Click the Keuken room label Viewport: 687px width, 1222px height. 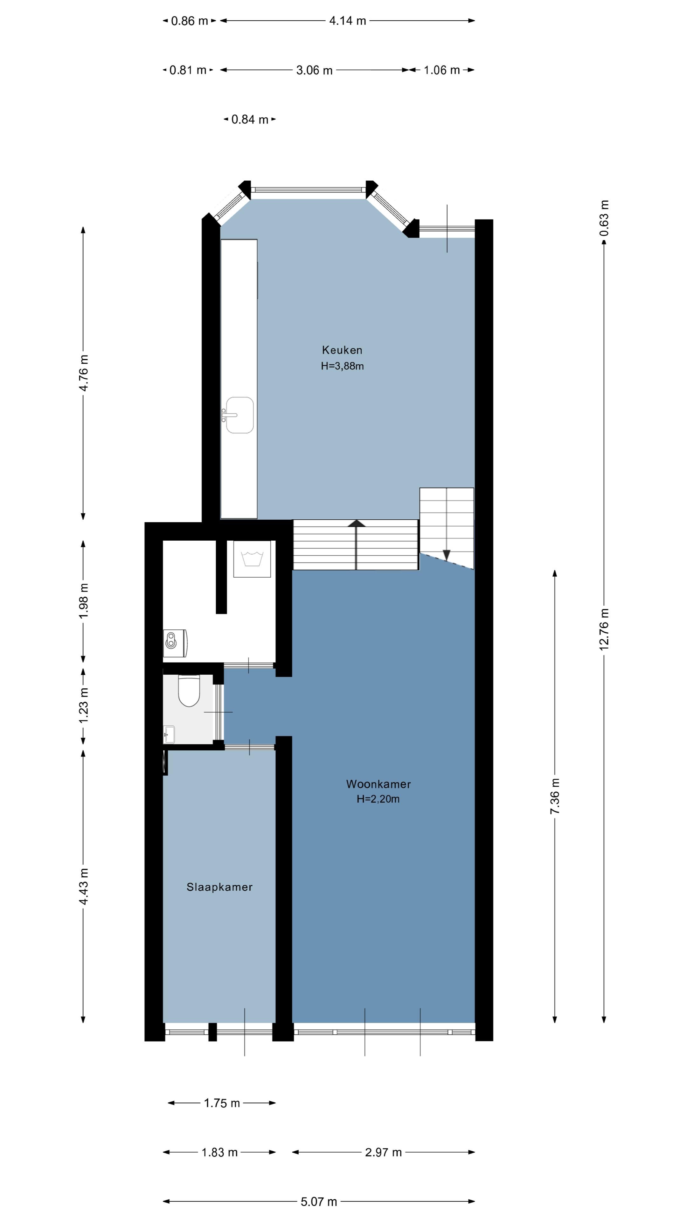(x=342, y=350)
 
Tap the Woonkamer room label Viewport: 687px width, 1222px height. (x=378, y=784)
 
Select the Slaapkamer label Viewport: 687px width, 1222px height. (x=219, y=887)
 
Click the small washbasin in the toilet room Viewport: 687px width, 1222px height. (x=169, y=734)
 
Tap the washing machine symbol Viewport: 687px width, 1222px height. (x=252, y=559)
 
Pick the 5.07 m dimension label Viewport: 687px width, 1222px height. (x=319, y=1202)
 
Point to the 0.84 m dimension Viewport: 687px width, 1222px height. (x=250, y=120)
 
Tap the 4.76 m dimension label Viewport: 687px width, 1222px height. (x=83, y=373)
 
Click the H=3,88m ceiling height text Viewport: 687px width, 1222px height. (x=342, y=366)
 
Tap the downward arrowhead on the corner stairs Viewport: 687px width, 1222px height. (x=446, y=555)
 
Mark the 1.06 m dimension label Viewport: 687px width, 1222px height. (x=442, y=70)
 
